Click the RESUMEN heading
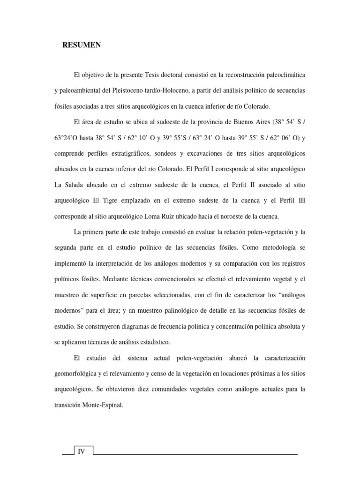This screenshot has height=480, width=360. click(x=82, y=45)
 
